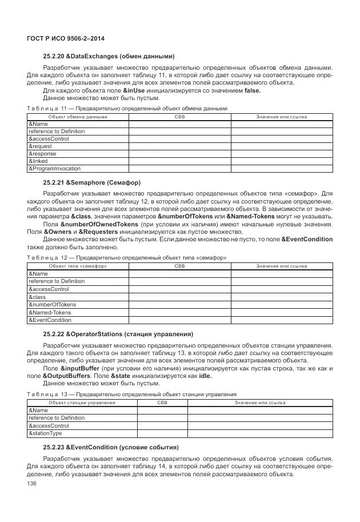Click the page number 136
pyautogui.click(x=31, y=484)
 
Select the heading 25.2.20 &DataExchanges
pyautogui.click(x=109, y=56)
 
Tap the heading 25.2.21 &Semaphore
pyautogui.click(x=91, y=182)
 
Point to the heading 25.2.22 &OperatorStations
pyautogui.click(x=118, y=333)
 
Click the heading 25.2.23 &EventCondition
pyautogui.click(x=111, y=447)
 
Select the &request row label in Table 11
pyautogui.click(x=40, y=146)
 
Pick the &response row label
pyautogui.click(x=42, y=154)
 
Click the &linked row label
pyautogui.click(x=38, y=161)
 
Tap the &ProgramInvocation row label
pyautogui.click(x=54, y=169)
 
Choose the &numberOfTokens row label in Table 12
pyautogui.click(x=52, y=305)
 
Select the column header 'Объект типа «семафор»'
pyautogui.click(x=78, y=266)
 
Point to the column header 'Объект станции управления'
pyautogui.click(x=82, y=403)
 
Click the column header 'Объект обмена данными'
pyautogui.click(x=78, y=117)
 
